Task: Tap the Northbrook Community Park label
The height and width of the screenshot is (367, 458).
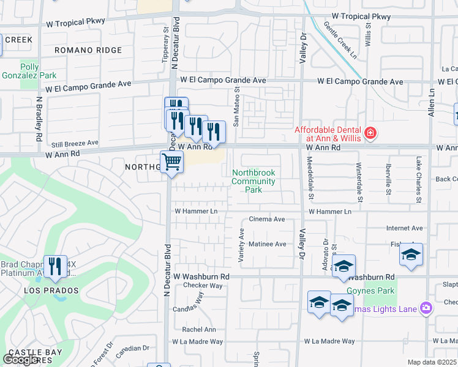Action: (x=253, y=182)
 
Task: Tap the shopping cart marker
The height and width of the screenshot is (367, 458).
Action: (x=171, y=163)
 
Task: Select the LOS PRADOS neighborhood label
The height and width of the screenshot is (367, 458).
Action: (x=51, y=291)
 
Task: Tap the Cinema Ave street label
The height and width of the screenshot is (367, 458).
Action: (x=266, y=219)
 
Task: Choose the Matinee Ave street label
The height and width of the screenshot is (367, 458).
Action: (x=267, y=244)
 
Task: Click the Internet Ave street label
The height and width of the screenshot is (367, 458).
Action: (x=404, y=228)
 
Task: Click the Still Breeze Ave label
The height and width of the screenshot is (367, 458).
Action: (x=75, y=143)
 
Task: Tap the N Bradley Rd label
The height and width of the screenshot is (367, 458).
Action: (x=38, y=119)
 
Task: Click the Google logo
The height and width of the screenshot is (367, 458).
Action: (x=20, y=360)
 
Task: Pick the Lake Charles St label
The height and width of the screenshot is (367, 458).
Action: (x=419, y=188)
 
